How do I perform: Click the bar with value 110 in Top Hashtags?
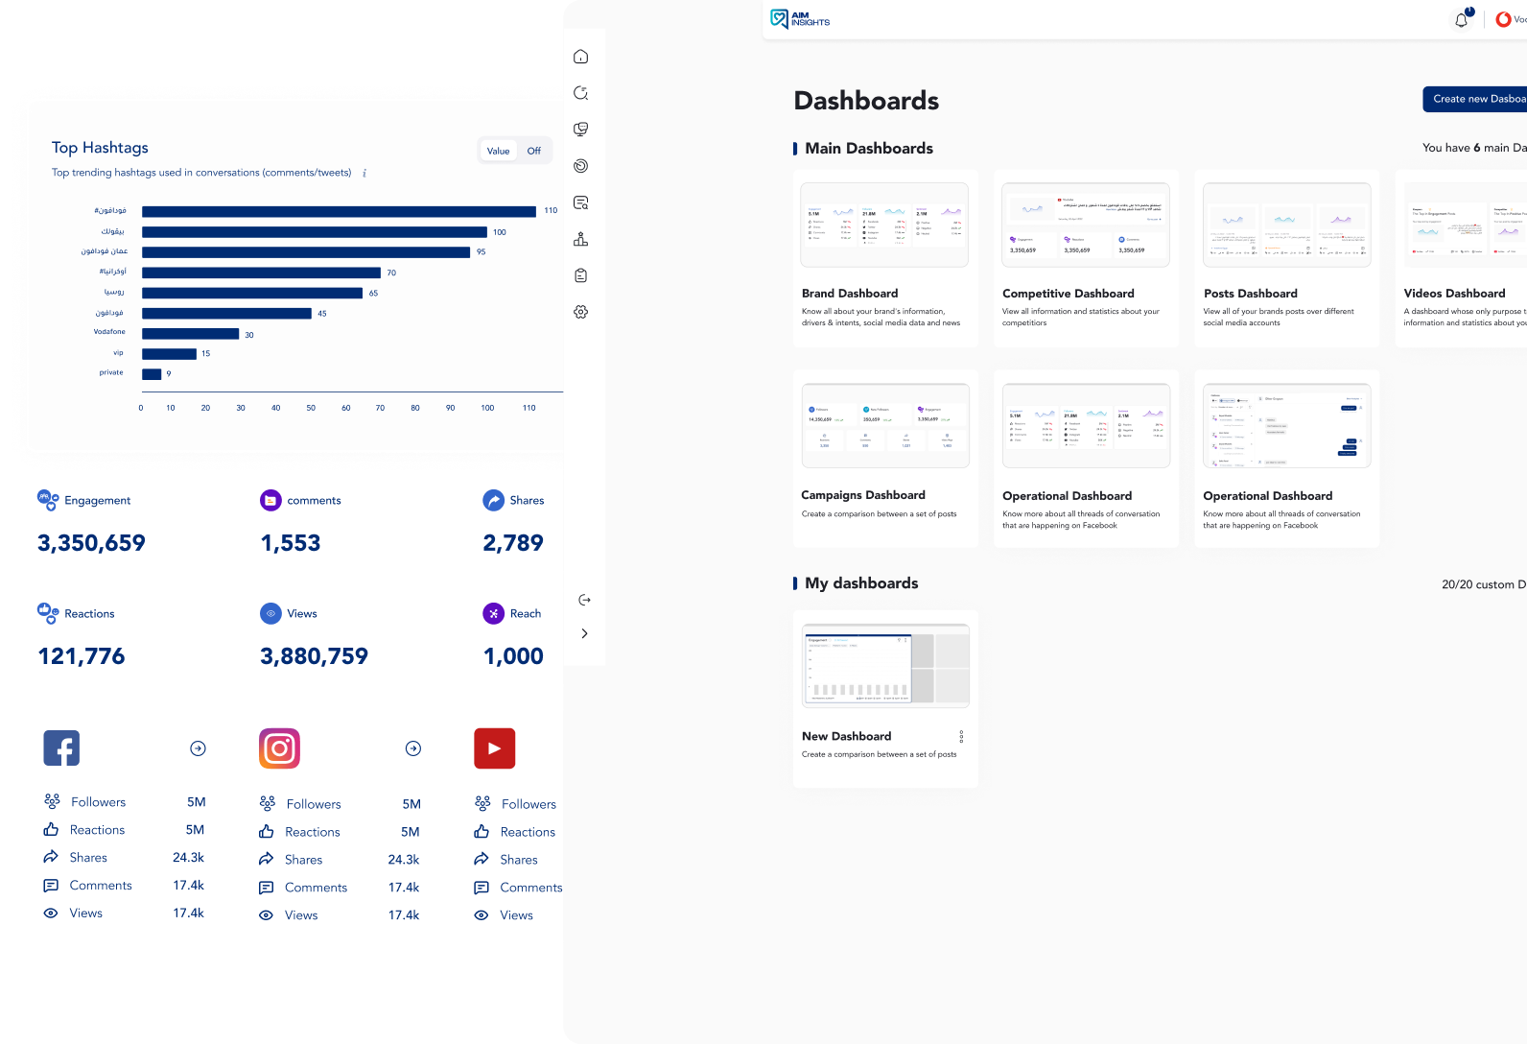pyautogui.click(x=339, y=211)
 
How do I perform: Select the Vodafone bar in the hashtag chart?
pyautogui.click(x=190, y=334)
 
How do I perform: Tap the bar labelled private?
pyautogui.click(x=152, y=374)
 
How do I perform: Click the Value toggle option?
pyautogui.click(x=498, y=151)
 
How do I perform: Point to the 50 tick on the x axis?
pyautogui.click(x=311, y=408)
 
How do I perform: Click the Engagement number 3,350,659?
pyautogui.click(x=91, y=543)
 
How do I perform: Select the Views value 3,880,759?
pyautogui.click(x=314, y=656)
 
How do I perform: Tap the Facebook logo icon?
pyautogui.click(x=61, y=747)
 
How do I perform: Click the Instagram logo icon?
pyautogui.click(x=279, y=748)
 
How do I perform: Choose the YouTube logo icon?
pyautogui.click(x=495, y=748)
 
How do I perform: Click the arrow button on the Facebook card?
pyautogui.click(x=198, y=748)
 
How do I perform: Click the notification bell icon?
pyautogui.click(x=1461, y=20)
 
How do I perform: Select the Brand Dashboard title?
pyautogui.click(x=850, y=294)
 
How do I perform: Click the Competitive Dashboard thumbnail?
pyautogui.click(x=1085, y=225)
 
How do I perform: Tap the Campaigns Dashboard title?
pyautogui.click(x=863, y=495)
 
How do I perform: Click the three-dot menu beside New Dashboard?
pyautogui.click(x=961, y=736)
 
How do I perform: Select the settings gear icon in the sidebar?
pyautogui.click(x=580, y=312)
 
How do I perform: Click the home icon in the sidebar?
pyautogui.click(x=580, y=57)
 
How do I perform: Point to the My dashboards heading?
pyautogui.click(x=861, y=583)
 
